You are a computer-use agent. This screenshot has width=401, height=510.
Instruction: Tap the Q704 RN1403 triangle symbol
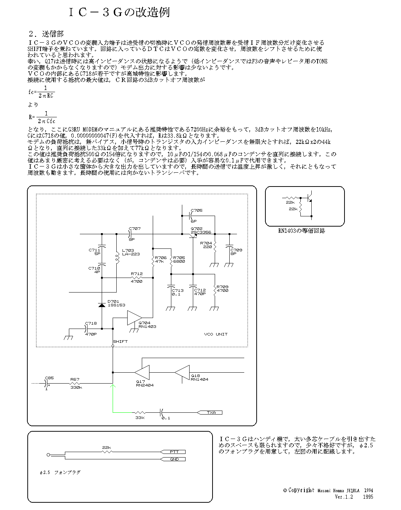pyautogui.click(x=135, y=318)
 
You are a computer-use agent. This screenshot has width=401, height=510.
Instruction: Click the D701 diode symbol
pyautogui.click(x=102, y=305)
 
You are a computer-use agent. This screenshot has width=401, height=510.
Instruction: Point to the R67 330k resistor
pyautogui.click(x=75, y=383)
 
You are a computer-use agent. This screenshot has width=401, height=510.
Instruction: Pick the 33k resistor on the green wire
pyautogui.click(x=140, y=413)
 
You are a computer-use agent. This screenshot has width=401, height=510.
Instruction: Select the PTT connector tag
pyautogui.click(x=174, y=452)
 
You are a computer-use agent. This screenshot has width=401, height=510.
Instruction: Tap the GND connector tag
pyautogui.click(x=174, y=459)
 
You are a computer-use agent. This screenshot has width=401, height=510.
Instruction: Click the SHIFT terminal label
pyautogui.click(x=120, y=341)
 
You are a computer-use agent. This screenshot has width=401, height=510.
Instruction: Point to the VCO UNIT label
pyautogui.click(x=216, y=334)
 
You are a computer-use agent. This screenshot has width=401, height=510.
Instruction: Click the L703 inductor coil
pyautogui.click(x=117, y=258)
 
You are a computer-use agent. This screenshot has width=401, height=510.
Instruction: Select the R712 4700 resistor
pyautogui.click(x=136, y=278)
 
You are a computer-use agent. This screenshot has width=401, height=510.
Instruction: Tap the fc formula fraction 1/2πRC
pyautogui.click(x=46, y=92)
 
